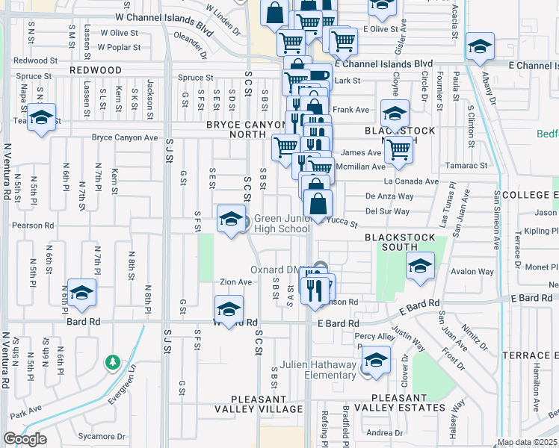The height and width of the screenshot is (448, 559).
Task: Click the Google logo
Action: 25,439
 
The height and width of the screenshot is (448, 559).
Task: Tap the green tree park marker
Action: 113,363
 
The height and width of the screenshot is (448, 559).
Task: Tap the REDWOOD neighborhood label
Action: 96,69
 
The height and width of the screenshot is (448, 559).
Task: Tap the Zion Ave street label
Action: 235,282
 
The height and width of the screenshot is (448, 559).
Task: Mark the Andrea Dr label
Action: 385,433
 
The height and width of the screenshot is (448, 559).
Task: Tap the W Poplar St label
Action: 120,47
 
